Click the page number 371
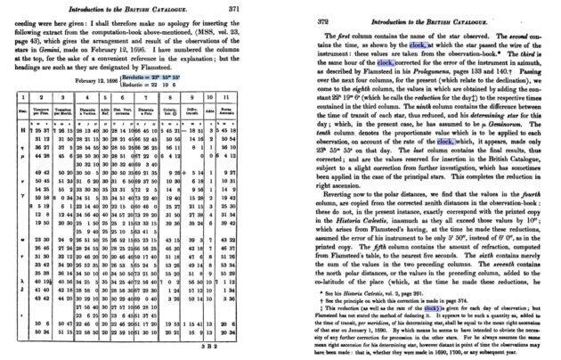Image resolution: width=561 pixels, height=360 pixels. [x=256, y=8]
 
